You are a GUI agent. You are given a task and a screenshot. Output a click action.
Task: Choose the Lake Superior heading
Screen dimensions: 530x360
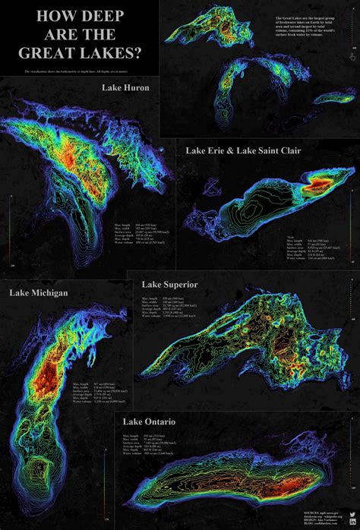pyautogui.click(x=170, y=285)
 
